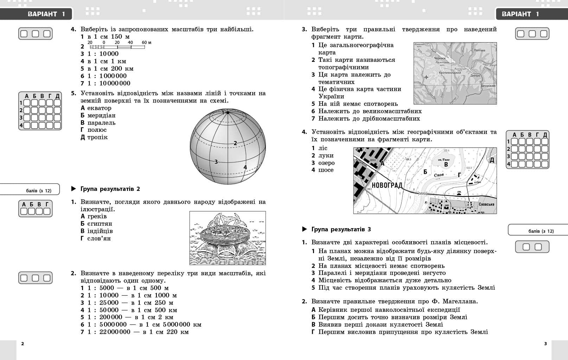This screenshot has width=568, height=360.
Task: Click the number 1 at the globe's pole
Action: tap(223, 112)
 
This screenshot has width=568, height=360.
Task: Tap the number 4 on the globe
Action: tap(245, 167)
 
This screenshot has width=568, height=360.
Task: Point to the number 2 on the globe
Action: tap(235, 143)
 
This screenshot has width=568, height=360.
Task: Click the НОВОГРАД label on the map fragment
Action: tap(387, 185)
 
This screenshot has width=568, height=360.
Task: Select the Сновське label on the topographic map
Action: tap(486, 204)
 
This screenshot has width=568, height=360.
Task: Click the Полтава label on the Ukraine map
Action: tap(479, 50)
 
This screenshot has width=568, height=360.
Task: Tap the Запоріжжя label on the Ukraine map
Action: tap(487, 85)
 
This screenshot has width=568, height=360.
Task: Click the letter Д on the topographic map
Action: tap(492, 160)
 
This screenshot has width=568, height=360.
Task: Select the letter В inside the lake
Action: tap(446, 165)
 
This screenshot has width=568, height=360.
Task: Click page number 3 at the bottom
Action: tap(545, 343)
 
